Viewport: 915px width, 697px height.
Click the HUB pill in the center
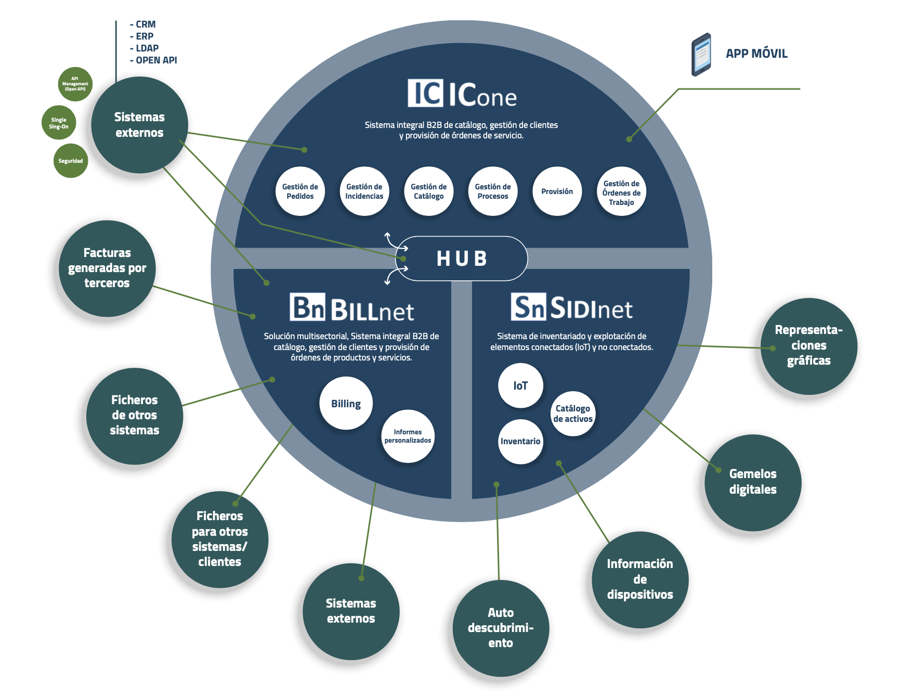point(462,259)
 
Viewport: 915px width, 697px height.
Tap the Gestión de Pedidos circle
point(300,191)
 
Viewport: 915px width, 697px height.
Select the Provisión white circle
point(557,191)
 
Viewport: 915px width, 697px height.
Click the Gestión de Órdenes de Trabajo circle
point(621,192)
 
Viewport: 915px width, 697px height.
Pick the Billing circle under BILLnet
point(346,404)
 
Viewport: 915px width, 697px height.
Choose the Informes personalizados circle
point(408,436)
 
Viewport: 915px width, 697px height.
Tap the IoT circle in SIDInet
point(520,385)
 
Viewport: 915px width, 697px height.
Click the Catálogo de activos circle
point(572,414)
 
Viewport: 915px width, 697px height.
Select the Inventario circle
point(520,441)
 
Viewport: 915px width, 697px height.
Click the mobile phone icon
point(701,55)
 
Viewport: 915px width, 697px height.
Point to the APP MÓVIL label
point(756,54)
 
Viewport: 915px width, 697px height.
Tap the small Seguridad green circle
point(70,161)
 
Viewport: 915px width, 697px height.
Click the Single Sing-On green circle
point(59,123)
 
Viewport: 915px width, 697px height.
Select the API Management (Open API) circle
point(75,84)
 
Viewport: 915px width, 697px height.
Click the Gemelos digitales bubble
point(752,482)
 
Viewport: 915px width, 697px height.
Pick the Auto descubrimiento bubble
point(500,628)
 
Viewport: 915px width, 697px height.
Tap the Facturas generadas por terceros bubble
point(107,268)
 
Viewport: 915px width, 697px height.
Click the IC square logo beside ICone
point(425,93)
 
